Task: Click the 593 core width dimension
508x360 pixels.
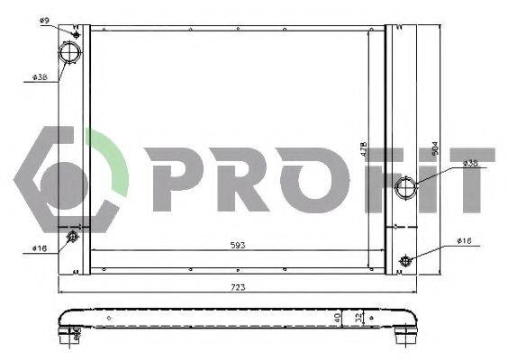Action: coord(238,245)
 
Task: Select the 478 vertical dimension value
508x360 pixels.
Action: coord(364,148)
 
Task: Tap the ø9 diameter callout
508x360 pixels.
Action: coord(45,19)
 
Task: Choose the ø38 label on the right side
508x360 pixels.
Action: coord(469,163)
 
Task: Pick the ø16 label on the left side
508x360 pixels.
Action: coord(39,248)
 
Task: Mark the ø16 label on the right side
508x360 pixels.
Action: coord(464,240)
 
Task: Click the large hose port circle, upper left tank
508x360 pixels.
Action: coord(70,53)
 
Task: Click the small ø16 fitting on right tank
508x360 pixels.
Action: coord(405,261)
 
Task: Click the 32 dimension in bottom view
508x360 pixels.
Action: coord(358,318)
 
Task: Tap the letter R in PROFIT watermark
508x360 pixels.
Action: coord(233,180)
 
